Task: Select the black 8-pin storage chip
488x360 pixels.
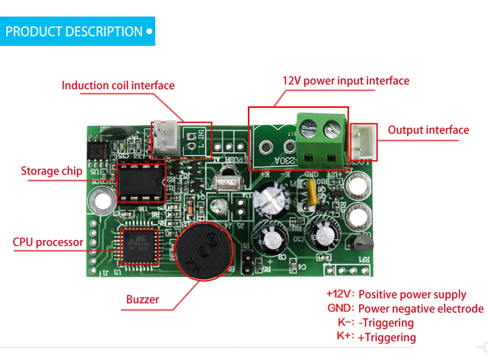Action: pyautogui.click(x=141, y=182)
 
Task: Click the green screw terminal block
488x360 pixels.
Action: pyautogui.click(x=321, y=139)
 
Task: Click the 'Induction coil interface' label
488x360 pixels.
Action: pyautogui.click(x=118, y=85)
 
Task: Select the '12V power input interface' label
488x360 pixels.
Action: pyautogui.click(x=346, y=80)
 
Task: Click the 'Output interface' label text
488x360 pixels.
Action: pyautogui.click(x=428, y=130)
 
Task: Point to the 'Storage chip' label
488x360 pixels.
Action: pyautogui.click(x=51, y=171)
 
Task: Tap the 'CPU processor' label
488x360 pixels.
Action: pyautogui.click(x=48, y=242)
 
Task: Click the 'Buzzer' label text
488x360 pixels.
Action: pyautogui.click(x=142, y=300)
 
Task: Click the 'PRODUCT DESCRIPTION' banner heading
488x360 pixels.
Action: pyautogui.click(x=74, y=32)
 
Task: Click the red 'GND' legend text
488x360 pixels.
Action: pyautogui.click(x=340, y=308)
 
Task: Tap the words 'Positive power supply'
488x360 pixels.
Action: pyautogui.click(x=412, y=295)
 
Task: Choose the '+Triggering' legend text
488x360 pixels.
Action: pyautogui.click(x=386, y=337)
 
